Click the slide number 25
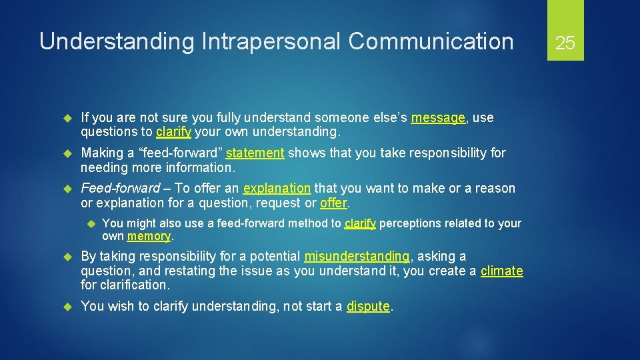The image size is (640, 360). [x=565, y=43]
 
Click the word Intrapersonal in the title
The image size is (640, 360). [x=270, y=41]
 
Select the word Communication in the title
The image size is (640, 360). [x=431, y=41]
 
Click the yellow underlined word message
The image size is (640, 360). [x=438, y=118]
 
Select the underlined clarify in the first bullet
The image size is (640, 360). [x=173, y=132]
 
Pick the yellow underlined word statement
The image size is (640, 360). [x=255, y=153]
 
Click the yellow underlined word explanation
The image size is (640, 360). [x=277, y=189]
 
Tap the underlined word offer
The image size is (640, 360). [x=335, y=203]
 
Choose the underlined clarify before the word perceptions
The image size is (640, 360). [x=360, y=223]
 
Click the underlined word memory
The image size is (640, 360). [x=149, y=237]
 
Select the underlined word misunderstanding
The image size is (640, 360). [x=357, y=257]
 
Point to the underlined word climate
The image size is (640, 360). [x=501, y=271]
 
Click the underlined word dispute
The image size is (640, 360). [x=368, y=307]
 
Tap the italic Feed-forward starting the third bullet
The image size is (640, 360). [x=120, y=189]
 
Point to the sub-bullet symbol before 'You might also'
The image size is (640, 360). [x=91, y=223]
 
